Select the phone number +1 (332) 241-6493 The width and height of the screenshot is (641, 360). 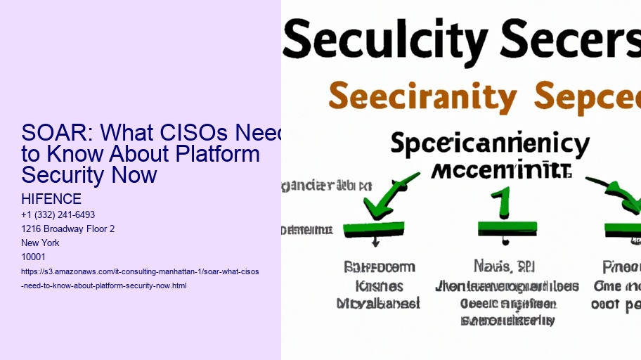[x=58, y=214]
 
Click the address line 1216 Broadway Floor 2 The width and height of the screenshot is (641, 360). [x=68, y=229]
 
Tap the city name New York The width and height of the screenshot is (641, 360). [x=41, y=243]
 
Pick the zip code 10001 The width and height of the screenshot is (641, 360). [x=33, y=257]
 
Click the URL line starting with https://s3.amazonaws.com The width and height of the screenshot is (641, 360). [x=141, y=271]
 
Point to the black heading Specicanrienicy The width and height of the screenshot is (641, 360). [x=489, y=145]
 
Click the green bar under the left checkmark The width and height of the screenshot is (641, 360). [x=373, y=229]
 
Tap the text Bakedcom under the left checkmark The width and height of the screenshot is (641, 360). [x=380, y=267]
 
